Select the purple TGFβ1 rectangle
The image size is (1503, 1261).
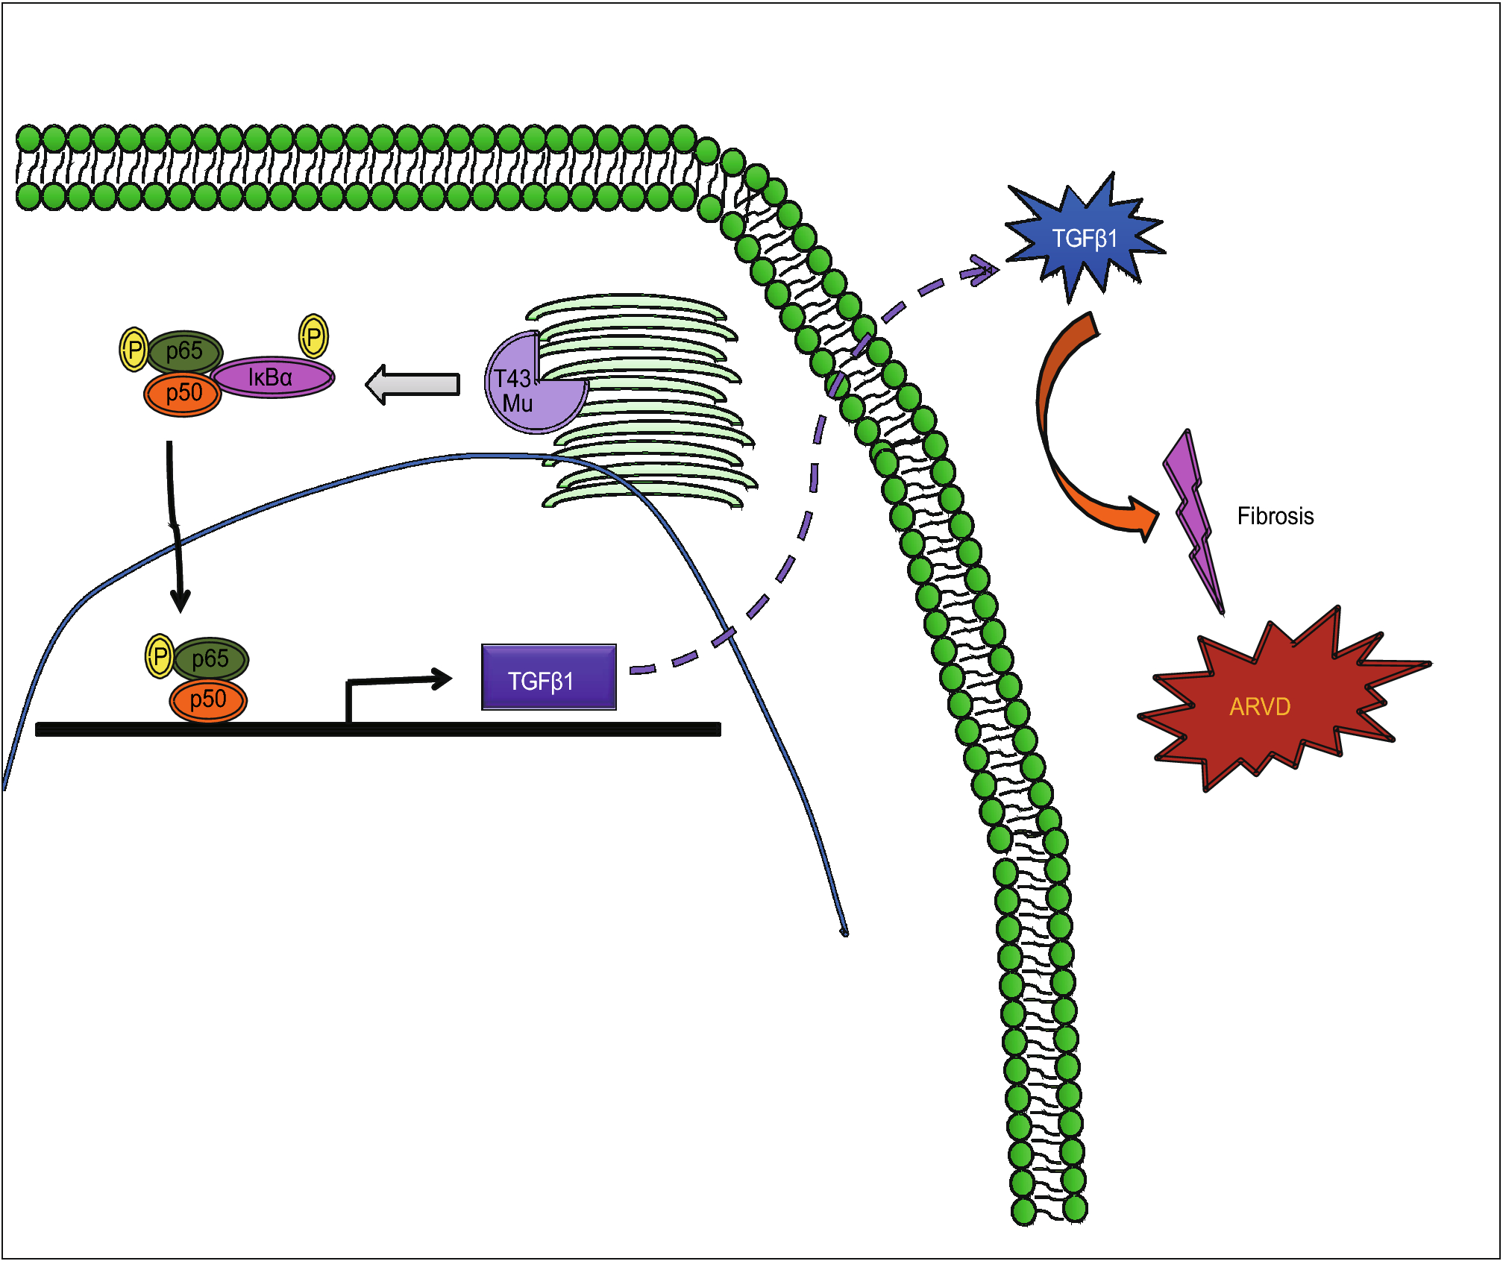tap(548, 677)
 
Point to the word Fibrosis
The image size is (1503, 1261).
tap(1275, 516)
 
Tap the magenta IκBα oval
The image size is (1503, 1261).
tap(272, 377)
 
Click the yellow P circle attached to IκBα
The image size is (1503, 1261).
tap(314, 336)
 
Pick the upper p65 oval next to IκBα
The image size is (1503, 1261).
tap(185, 351)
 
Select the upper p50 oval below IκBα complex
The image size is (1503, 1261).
tap(183, 394)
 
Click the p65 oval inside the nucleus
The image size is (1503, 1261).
tap(211, 659)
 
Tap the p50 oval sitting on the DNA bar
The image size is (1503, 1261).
tap(208, 700)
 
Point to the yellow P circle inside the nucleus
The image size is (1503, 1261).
tap(160, 656)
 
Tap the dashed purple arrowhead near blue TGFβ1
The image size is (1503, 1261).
tap(983, 270)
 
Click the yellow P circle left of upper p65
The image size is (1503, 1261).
tap(134, 349)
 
